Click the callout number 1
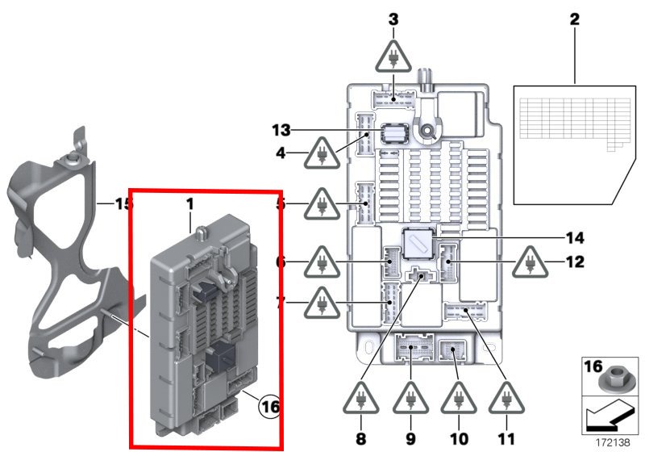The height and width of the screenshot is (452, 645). coord(191,207)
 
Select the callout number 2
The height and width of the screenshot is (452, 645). coord(575,19)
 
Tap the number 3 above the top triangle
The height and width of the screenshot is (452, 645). coord(393,19)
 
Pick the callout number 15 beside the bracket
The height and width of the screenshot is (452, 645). coord(122,203)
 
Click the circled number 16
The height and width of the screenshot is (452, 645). coord(269,408)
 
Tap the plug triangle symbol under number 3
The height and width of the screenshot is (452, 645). coord(393,58)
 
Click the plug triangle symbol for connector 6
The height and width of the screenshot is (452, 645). coord(322,262)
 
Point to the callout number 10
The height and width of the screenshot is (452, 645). coord(458,440)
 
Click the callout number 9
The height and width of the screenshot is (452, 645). coord(410,440)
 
